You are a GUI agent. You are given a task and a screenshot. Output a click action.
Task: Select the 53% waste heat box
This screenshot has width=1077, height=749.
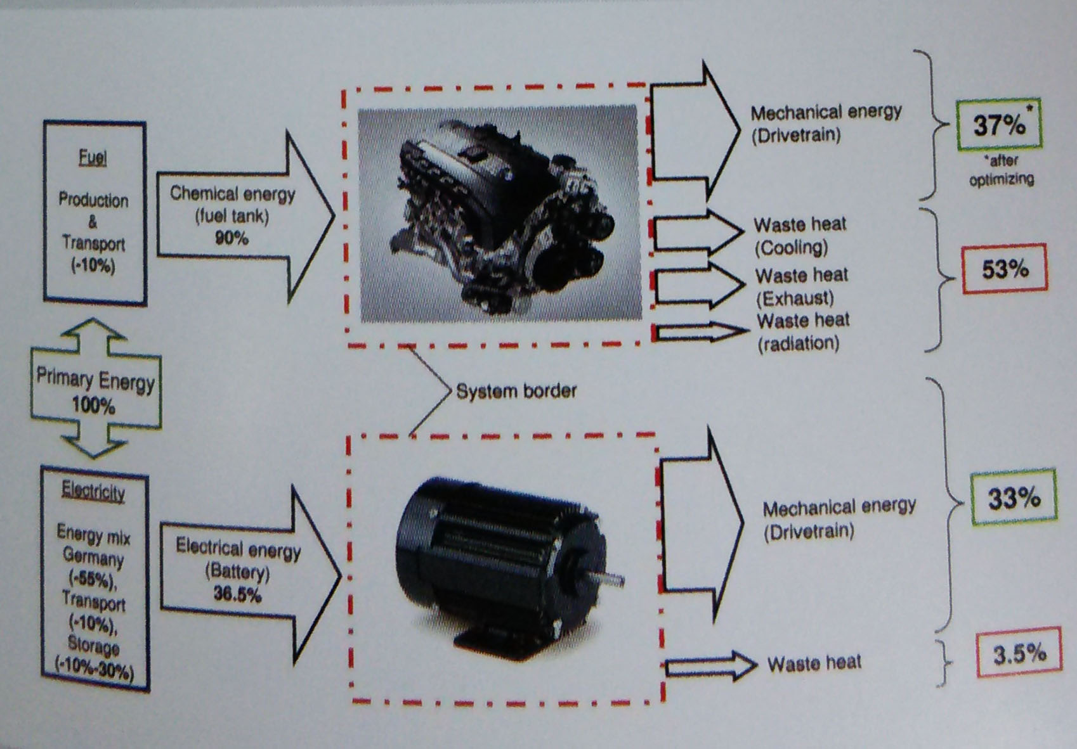(1004, 269)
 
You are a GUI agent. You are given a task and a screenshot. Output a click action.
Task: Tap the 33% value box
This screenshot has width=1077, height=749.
(1014, 498)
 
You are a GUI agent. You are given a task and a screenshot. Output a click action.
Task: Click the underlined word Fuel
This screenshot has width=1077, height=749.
(93, 157)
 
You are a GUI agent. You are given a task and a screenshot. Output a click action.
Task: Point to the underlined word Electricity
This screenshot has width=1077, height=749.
(93, 491)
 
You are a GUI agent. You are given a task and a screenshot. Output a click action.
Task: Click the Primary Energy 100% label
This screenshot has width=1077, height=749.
(95, 392)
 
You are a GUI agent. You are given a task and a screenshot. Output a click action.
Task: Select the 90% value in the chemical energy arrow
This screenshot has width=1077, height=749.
(232, 239)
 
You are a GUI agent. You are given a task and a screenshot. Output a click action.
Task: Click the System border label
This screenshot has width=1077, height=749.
(516, 390)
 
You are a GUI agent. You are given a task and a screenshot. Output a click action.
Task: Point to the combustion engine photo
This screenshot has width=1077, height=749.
(499, 214)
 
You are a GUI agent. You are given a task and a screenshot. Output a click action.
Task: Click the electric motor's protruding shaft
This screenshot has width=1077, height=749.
(612, 578)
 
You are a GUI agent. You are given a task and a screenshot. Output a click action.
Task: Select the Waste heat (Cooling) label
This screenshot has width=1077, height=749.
(799, 236)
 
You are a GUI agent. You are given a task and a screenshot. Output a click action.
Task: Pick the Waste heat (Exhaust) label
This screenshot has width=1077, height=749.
(802, 286)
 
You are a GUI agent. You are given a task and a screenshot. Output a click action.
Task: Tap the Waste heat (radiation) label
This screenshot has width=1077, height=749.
(802, 331)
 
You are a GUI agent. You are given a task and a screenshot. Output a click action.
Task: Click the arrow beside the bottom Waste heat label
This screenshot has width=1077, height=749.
(710, 665)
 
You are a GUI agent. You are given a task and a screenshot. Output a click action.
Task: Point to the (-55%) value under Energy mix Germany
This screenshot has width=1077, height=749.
(93, 579)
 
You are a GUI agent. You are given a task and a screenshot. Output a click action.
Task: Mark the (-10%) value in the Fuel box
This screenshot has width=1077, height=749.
(93, 265)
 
